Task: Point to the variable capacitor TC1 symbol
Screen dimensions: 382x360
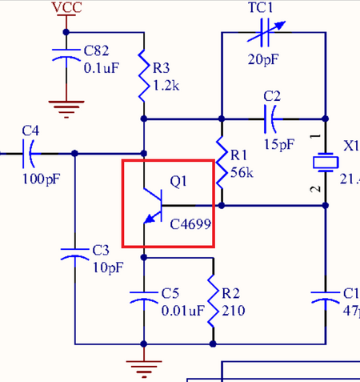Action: (x=273, y=33)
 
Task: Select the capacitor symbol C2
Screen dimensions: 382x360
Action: (x=271, y=120)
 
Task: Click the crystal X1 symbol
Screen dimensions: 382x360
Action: (x=325, y=163)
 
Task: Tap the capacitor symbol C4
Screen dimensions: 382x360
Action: (x=30, y=150)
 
